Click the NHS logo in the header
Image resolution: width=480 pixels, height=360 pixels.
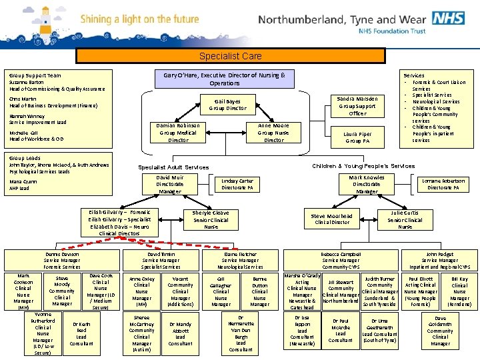click(x=447, y=17)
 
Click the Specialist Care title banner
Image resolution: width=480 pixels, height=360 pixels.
click(x=231, y=57)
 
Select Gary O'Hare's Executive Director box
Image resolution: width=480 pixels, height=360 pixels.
click(x=225, y=79)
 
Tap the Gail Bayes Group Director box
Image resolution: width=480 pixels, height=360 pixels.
click(x=228, y=104)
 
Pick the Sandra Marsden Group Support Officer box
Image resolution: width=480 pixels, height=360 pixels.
click(x=357, y=106)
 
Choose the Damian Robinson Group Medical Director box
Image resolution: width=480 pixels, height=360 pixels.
click(x=178, y=133)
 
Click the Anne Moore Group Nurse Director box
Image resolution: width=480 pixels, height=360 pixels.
click(x=273, y=133)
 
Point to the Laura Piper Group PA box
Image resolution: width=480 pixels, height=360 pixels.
click(x=357, y=137)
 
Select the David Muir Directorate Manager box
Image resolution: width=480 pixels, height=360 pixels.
click(x=169, y=185)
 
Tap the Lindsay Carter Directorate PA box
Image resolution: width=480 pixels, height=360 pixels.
click(x=237, y=185)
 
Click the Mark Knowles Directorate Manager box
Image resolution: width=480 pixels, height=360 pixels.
click(x=367, y=185)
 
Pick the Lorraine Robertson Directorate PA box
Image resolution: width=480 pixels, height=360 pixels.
click(x=443, y=184)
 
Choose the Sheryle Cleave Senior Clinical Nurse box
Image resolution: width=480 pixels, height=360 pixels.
click(x=211, y=219)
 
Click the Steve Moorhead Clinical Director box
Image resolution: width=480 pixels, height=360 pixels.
click(x=332, y=219)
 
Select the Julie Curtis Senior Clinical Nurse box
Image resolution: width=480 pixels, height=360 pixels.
click(x=405, y=219)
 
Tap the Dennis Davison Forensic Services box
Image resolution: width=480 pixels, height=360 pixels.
click(x=62, y=260)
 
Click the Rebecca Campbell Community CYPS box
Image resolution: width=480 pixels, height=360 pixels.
click(x=341, y=260)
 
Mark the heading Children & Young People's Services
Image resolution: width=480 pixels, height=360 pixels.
click(x=363, y=165)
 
